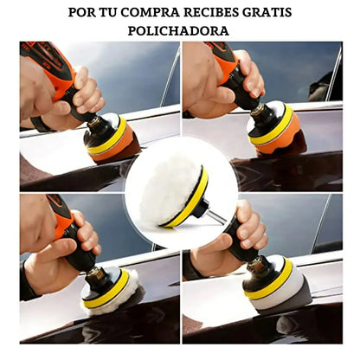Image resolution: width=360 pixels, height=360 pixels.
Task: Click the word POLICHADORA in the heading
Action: point(178,31)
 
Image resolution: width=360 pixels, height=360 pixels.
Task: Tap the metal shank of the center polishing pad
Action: point(217,217)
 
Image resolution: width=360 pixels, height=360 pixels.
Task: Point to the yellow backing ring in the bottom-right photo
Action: point(270,281)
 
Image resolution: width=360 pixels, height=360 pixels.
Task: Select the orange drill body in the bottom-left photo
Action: point(61,216)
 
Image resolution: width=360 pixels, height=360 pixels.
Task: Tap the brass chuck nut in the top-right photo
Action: point(257,110)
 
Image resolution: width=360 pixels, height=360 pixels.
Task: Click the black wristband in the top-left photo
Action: point(41,124)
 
